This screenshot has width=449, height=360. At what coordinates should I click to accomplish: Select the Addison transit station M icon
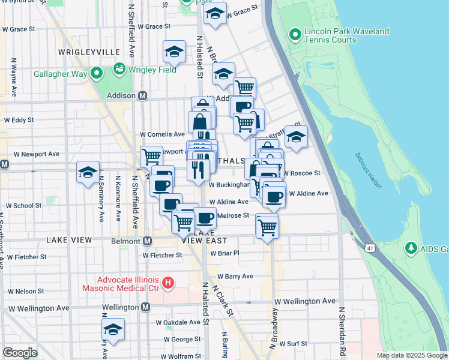click(143, 95)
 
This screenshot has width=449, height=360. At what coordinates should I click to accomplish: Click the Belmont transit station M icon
click(147, 241)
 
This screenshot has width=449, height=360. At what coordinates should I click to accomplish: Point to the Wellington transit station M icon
click(145, 307)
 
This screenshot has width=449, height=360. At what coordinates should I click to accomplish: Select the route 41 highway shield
click(370, 247)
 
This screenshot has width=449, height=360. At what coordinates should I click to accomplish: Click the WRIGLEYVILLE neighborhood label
click(83, 52)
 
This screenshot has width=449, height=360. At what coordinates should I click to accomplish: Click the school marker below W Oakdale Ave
click(113, 329)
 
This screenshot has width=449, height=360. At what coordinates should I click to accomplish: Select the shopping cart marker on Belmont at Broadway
click(267, 226)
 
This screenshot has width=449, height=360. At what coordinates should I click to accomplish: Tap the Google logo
click(20, 353)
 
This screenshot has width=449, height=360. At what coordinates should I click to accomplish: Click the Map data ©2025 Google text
click(412, 355)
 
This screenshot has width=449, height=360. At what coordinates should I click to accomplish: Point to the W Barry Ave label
click(235, 277)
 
